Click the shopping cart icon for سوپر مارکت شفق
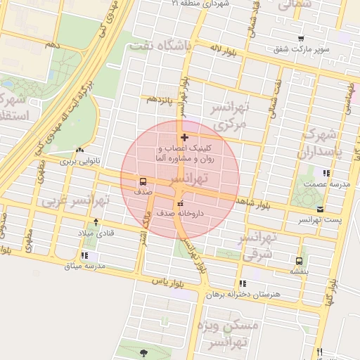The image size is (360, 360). click(x=301, y=39)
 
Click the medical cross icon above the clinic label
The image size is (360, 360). click(x=184, y=137)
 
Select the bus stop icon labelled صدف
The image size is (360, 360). click(x=143, y=181)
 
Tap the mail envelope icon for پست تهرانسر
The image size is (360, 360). click(x=321, y=210)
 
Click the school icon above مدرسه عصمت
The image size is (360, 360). click(x=325, y=173)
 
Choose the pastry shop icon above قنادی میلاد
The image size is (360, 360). click(x=96, y=221)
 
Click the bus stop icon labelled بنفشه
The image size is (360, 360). click(x=300, y=259)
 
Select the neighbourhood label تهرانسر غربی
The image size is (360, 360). click(x=76, y=201)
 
